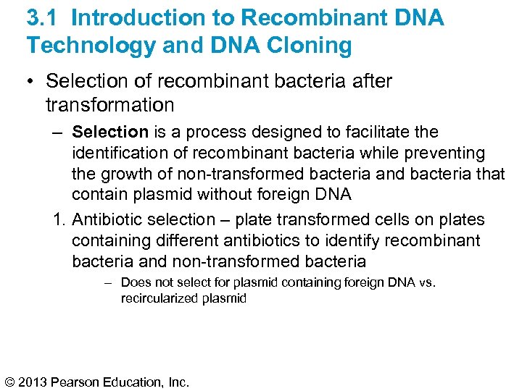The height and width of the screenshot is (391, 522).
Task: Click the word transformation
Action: coord(109,105)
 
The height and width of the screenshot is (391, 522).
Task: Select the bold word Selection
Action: coord(110,132)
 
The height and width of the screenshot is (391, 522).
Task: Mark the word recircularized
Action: coord(159,298)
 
